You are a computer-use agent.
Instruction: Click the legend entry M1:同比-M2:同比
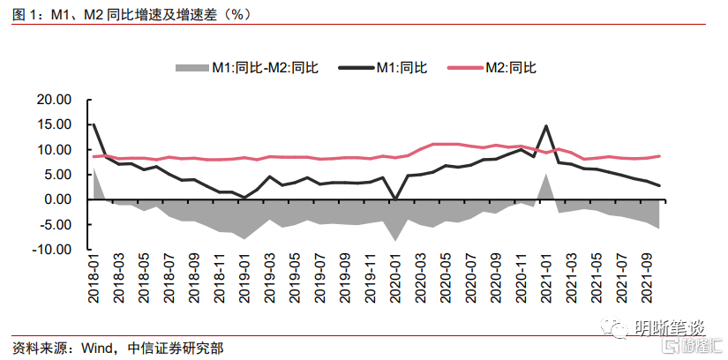(256, 67)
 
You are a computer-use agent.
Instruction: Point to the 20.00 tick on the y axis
(53, 100)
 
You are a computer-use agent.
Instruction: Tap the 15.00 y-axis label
(53, 124)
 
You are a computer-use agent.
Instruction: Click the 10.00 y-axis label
(53, 150)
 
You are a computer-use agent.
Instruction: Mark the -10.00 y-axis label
(51, 250)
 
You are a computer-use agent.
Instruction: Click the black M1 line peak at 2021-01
(546, 126)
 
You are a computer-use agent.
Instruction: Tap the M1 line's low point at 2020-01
(395, 199)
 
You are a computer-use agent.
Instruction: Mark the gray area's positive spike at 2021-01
(546, 176)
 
